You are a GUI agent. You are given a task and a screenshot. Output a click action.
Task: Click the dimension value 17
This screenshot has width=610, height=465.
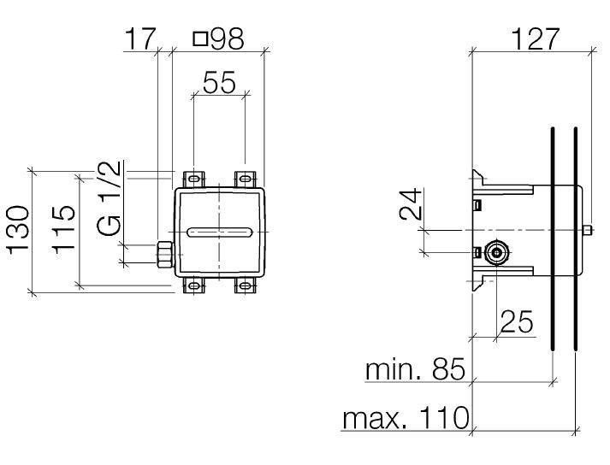(140, 38)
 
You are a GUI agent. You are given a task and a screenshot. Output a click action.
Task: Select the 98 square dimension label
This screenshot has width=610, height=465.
(218, 38)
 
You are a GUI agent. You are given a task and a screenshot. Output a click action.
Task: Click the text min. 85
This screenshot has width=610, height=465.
(414, 370)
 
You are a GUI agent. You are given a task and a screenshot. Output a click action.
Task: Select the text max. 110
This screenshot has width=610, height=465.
(406, 418)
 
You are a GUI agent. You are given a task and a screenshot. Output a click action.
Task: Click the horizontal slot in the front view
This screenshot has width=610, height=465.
(219, 232)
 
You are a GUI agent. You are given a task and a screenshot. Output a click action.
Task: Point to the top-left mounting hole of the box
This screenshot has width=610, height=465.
(195, 180)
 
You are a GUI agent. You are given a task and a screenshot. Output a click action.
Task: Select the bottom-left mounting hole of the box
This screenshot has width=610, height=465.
(195, 286)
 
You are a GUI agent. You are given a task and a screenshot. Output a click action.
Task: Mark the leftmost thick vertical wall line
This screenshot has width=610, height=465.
(554, 239)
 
